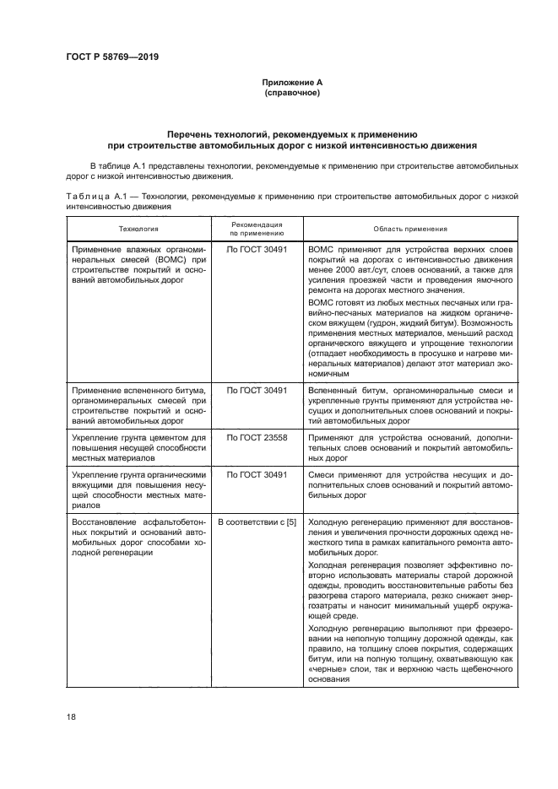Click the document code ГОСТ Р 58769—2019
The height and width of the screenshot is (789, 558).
pyautogui.click(x=112, y=57)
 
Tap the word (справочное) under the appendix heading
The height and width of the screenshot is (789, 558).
pyautogui.click(x=291, y=92)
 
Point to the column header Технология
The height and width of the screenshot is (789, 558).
pyautogui.click(x=137, y=229)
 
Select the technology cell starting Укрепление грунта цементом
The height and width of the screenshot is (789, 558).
pyautogui.click(x=138, y=449)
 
